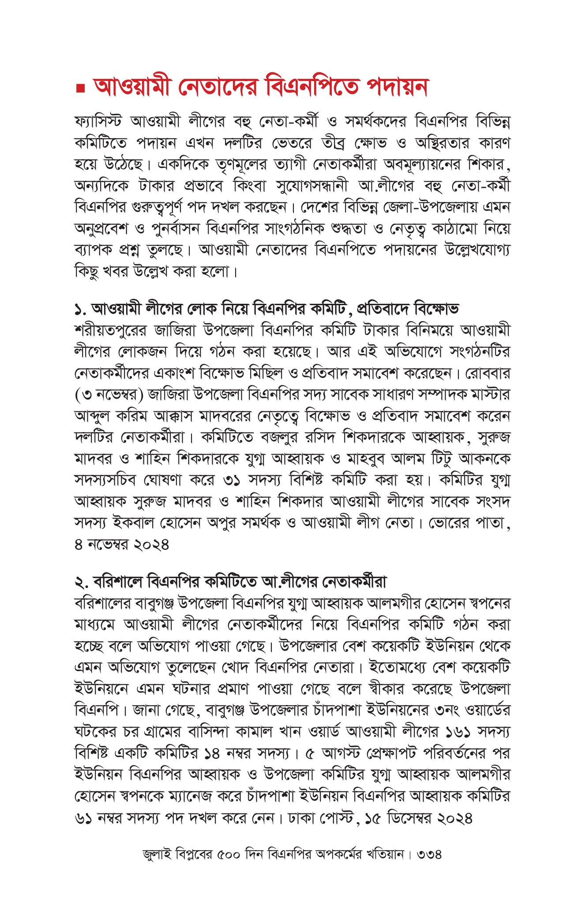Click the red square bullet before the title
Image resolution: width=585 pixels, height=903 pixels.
pyautogui.click(x=80, y=89)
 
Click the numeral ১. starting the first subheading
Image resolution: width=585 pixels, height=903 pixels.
pyautogui.click(x=80, y=309)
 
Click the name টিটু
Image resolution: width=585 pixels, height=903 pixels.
pyautogui.click(x=442, y=459)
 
